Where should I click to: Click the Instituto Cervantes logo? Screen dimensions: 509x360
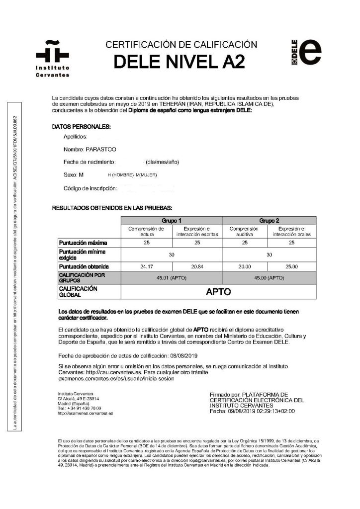click(x=52, y=58)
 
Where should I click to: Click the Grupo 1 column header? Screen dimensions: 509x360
click(x=172, y=220)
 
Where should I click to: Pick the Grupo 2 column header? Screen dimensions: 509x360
click(x=269, y=220)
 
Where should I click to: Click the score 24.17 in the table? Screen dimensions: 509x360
click(x=147, y=266)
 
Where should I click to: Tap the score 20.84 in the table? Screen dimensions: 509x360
click(x=197, y=266)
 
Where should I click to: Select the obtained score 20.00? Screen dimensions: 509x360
click(x=245, y=266)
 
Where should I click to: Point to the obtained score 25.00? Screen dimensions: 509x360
click(x=292, y=266)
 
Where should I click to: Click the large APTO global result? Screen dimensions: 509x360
click(x=218, y=291)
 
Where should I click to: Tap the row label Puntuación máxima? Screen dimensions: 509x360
click(x=83, y=243)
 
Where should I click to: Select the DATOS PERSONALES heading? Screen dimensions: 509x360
click(x=82, y=127)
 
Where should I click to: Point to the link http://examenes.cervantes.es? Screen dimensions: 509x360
click(x=85, y=413)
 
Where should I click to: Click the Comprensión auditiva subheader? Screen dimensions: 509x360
click(x=245, y=231)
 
